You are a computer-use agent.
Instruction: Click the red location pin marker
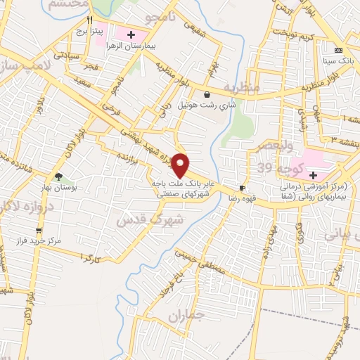(181, 165)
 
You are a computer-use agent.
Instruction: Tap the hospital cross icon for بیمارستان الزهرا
(131, 34)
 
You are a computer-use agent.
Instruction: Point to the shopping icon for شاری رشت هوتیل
(207, 95)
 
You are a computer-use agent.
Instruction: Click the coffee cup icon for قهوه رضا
(243, 188)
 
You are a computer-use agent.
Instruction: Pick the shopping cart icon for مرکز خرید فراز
(39, 229)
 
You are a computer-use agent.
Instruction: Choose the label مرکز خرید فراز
(42, 240)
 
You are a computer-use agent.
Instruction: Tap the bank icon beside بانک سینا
(339, 51)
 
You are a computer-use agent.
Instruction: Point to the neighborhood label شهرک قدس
(139, 219)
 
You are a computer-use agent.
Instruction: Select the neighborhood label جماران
(186, 316)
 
